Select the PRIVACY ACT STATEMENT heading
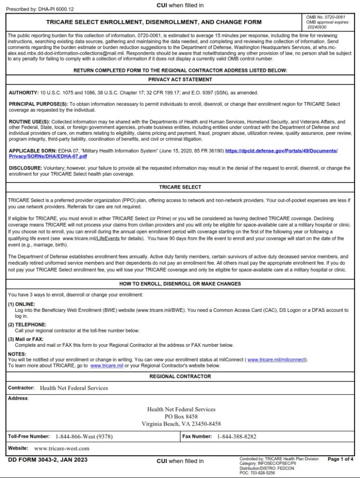coord(180,79)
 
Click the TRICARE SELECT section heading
coord(180,187)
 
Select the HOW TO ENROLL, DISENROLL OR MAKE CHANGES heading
coord(180,284)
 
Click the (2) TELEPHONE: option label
coord(27,324)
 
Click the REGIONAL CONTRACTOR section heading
coord(180,376)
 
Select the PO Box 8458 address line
coord(181,416)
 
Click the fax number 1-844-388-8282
coord(237,436)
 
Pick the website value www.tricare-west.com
coord(62,449)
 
